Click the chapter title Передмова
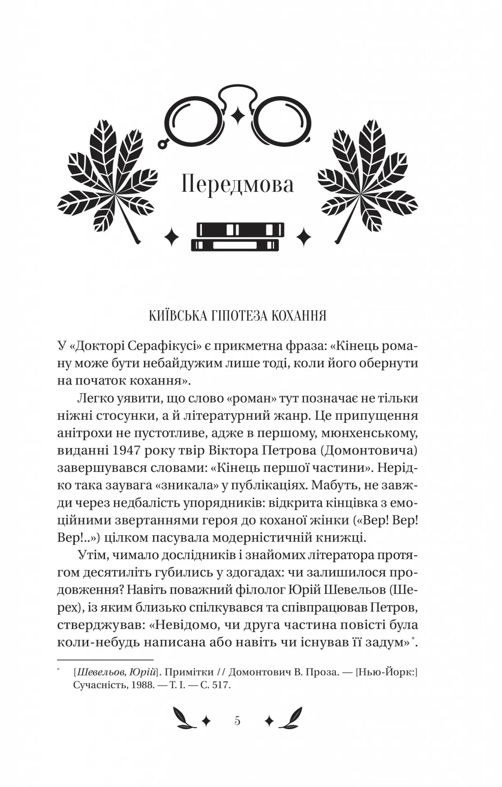(237, 185)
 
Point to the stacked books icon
(238, 237)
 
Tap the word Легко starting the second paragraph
(95, 398)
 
